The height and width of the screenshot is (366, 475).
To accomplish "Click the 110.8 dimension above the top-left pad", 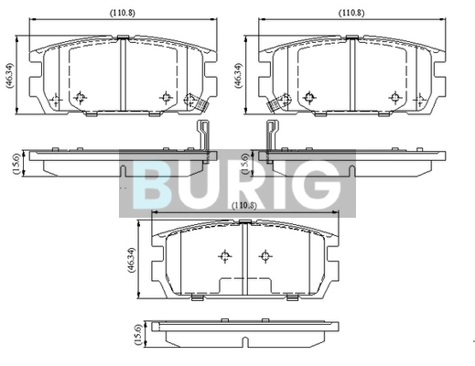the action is [x=123, y=13].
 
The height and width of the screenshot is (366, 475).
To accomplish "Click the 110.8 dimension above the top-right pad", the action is [x=351, y=13].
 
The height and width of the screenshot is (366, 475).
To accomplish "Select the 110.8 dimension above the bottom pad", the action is [x=244, y=206].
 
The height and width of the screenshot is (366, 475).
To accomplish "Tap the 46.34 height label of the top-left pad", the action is [x=10, y=76].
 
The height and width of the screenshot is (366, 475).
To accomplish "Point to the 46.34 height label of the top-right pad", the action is [x=238, y=76].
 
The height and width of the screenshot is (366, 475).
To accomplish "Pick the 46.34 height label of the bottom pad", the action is [x=131, y=260].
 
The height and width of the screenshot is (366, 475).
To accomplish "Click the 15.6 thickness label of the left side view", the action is [x=16, y=164].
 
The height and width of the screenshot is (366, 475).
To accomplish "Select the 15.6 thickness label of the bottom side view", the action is [x=137, y=335].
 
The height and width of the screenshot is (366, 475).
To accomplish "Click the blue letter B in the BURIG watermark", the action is [x=152, y=185].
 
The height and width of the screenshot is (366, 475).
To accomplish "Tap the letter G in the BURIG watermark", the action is [x=318, y=185].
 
